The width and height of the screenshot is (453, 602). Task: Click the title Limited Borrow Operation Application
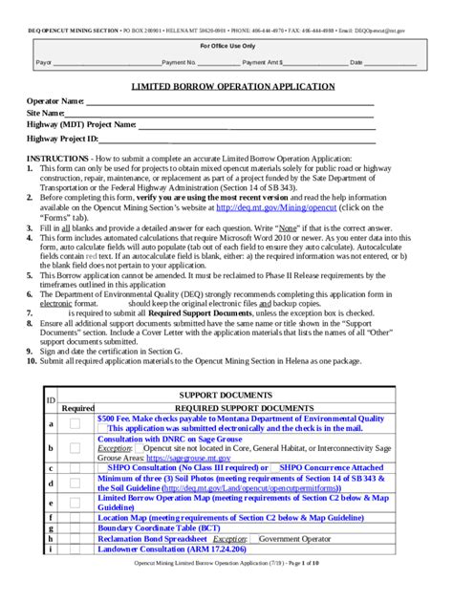(226, 86)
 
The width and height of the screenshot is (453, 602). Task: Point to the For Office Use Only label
(226, 45)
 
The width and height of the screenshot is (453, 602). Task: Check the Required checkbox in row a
(75, 423)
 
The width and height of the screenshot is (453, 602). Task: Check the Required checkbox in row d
(75, 484)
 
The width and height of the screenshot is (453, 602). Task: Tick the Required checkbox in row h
(75, 539)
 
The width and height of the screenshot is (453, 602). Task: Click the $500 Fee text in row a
(240, 419)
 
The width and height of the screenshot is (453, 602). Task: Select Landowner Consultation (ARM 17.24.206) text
(172, 550)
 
